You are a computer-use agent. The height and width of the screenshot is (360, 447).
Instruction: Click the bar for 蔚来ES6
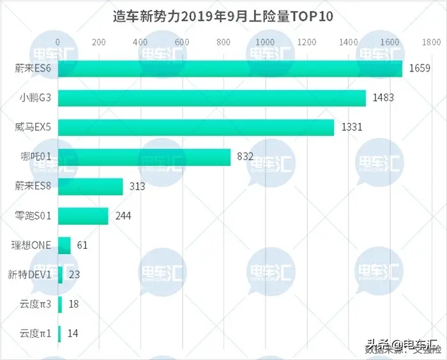(230, 69)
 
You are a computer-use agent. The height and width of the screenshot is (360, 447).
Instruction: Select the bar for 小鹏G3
(212, 98)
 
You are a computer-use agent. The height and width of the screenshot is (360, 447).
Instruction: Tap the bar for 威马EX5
(196, 128)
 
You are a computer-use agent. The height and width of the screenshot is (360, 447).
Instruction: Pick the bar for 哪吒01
(144, 157)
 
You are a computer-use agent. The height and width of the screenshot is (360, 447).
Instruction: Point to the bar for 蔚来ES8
(91, 186)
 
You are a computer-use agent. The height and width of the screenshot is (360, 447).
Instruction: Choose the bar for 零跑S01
(83, 216)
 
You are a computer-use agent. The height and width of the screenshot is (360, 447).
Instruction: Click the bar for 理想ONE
(64, 246)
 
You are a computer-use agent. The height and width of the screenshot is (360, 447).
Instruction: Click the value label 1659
(420, 69)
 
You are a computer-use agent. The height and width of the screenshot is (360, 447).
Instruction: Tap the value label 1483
(383, 98)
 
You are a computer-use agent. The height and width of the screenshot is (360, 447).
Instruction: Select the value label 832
(245, 157)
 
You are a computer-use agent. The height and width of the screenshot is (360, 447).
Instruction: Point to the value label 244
(123, 216)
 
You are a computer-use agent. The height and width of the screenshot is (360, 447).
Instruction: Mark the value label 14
(73, 334)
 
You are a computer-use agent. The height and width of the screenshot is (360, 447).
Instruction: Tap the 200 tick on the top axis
(99, 42)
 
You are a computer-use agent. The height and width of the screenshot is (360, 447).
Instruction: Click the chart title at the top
(223, 17)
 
